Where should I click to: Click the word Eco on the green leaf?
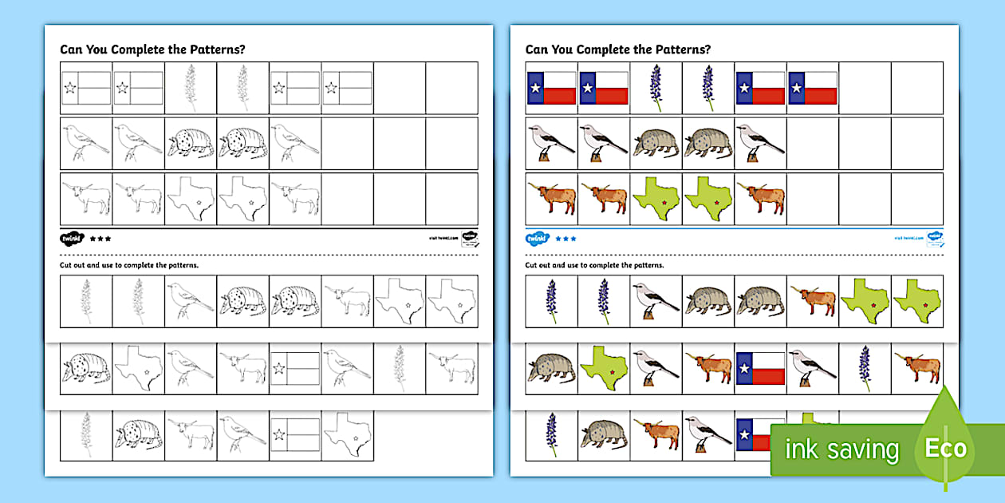click(945, 448)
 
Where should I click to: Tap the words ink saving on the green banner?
click(841, 450)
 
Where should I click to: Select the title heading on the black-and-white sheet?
click(152, 50)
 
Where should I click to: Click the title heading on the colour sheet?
click(617, 50)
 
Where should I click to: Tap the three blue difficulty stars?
click(566, 238)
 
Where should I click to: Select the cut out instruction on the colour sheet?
click(594, 264)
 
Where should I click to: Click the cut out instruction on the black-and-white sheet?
click(129, 264)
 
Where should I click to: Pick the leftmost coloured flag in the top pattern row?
click(552, 88)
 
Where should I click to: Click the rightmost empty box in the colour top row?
click(916, 88)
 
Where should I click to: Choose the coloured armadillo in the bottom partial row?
click(604, 435)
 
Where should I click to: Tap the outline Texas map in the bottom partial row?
click(347, 435)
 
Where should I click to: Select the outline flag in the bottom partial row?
click(295, 435)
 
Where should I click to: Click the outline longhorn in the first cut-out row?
click(347, 301)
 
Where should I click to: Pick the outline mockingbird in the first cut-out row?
click(191, 301)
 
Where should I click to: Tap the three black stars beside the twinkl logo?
click(100, 238)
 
